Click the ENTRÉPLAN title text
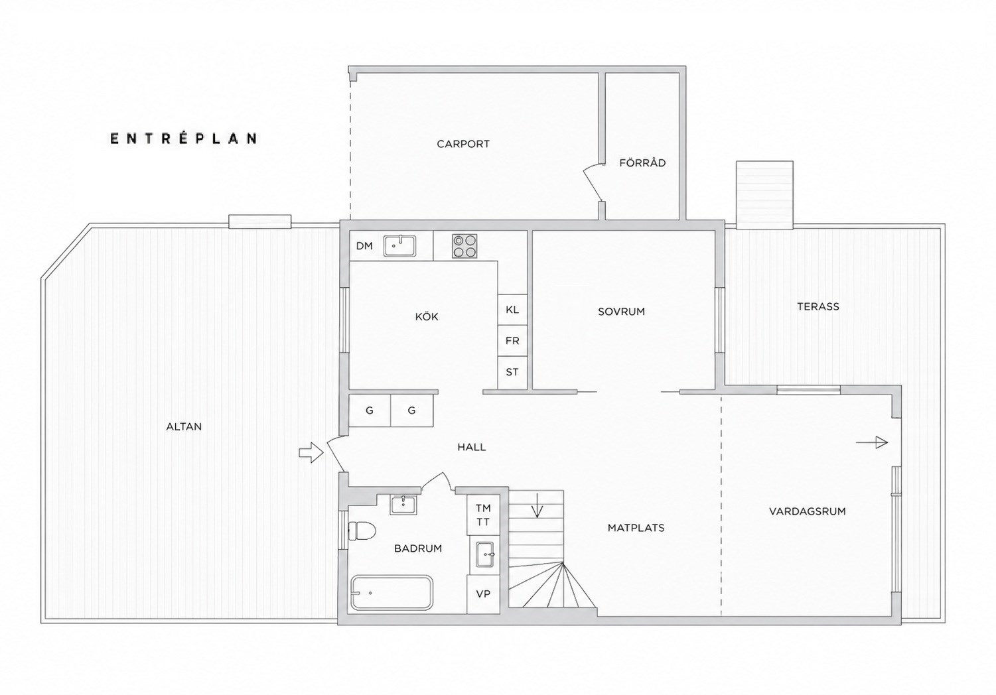click(x=184, y=138)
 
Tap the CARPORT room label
click(x=463, y=144)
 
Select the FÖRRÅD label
click(x=642, y=162)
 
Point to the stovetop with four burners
click(x=464, y=246)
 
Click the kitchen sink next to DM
click(x=399, y=246)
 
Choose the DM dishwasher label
click(x=364, y=246)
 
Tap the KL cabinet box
click(x=512, y=309)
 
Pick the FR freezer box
click(x=512, y=340)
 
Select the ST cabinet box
click(x=512, y=373)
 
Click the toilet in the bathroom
click(x=362, y=531)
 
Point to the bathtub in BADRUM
click(x=391, y=593)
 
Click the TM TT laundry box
click(x=483, y=515)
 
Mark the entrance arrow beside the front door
click(x=311, y=453)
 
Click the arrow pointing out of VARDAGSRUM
click(x=872, y=442)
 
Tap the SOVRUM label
click(x=621, y=312)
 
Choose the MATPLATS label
click(x=636, y=528)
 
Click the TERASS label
click(x=818, y=306)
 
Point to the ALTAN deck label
click(x=184, y=426)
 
